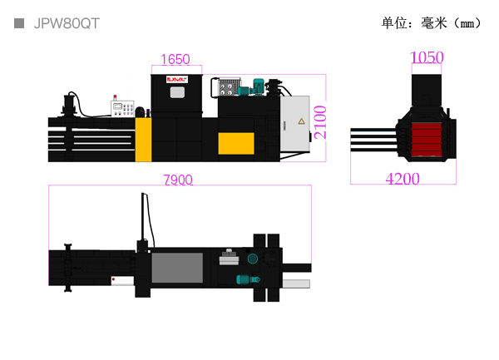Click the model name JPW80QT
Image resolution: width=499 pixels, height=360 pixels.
click(x=67, y=23)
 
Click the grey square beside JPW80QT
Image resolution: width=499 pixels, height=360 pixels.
click(x=19, y=23)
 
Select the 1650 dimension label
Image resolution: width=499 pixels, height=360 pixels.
click(x=175, y=60)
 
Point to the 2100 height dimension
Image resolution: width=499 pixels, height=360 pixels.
click(x=320, y=122)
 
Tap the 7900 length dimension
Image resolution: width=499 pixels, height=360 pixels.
click(x=178, y=180)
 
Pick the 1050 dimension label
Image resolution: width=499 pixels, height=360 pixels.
click(x=427, y=57)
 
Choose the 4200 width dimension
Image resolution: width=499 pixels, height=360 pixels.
click(x=403, y=179)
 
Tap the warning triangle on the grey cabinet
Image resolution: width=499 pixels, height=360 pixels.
click(x=301, y=121)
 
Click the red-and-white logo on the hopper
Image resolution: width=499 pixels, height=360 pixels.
click(x=177, y=80)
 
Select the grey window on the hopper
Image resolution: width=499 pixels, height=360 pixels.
click(x=177, y=92)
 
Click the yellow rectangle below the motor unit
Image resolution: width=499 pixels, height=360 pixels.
click(x=236, y=144)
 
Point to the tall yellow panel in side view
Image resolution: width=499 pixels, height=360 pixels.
click(x=143, y=140)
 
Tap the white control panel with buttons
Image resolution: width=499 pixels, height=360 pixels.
click(x=122, y=109)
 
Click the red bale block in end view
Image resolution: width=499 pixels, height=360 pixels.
click(x=427, y=140)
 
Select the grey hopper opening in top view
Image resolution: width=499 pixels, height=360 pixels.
click(x=177, y=268)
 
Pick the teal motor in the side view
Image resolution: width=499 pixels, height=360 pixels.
click(x=259, y=86)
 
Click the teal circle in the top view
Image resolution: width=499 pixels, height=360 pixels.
click(x=253, y=259)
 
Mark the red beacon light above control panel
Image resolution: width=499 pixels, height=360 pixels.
click(x=115, y=97)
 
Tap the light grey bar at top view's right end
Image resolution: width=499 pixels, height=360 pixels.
click(x=296, y=284)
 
